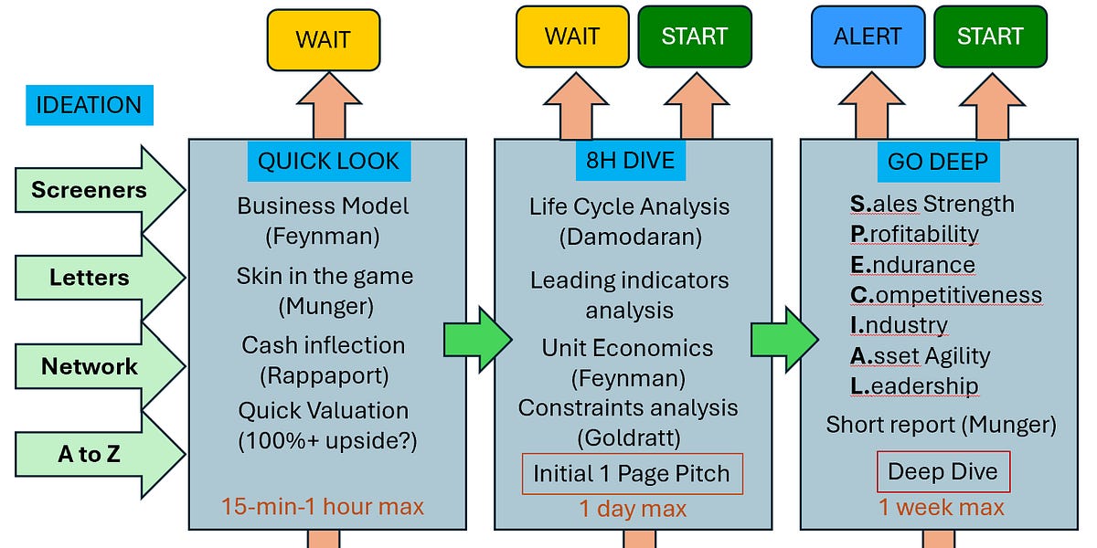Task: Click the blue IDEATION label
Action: coord(89,105)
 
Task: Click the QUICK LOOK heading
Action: coord(328,162)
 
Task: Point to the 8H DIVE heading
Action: coord(630,161)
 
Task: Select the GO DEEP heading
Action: coord(938,162)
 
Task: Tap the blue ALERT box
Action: coord(867,37)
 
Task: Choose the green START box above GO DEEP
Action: coord(990,37)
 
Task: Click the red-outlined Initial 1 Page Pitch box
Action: coord(632,474)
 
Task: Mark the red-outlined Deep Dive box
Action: coord(943,473)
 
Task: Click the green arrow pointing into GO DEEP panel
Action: coord(783,340)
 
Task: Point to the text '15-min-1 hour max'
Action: coord(322,505)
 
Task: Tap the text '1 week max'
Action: coord(942,507)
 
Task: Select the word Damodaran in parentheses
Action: coord(630,237)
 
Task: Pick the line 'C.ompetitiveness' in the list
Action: coord(945,295)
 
